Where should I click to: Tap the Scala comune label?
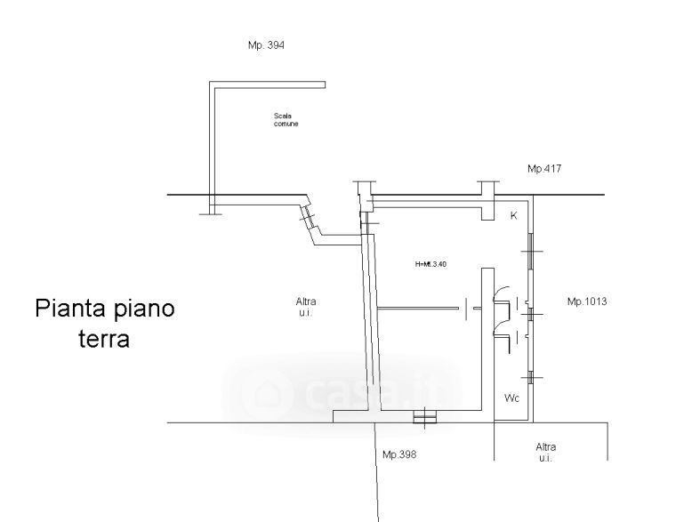(286, 119)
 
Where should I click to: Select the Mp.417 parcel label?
(545, 168)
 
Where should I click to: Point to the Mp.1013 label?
(587, 301)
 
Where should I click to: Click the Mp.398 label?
(399, 454)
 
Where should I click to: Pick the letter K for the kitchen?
(513, 216)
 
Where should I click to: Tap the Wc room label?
(511, 398)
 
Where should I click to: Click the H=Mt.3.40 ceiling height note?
(431, 263)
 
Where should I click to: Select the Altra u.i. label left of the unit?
(306, 306)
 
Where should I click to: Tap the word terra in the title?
(104, 339)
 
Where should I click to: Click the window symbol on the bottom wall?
(425, 415)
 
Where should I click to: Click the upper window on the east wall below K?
(529, 249)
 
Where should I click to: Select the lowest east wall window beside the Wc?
(530, 378)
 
